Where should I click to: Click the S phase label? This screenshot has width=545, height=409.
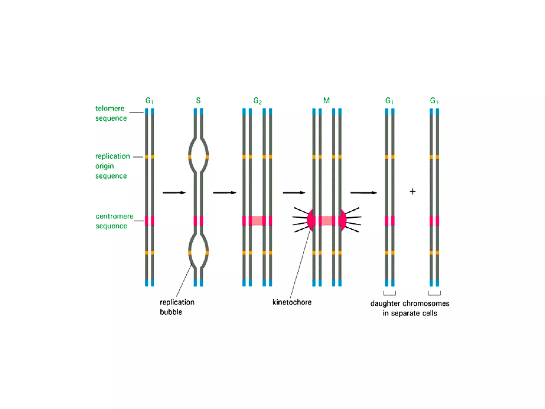pos(198,101)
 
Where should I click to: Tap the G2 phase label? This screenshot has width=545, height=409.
pos(257,101)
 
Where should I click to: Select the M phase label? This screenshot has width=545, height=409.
pos(327,101)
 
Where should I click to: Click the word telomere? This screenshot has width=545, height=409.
pos(110,109)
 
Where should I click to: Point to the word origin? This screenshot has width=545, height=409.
pos(105,166)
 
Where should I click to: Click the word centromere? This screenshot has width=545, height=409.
pos(114,216)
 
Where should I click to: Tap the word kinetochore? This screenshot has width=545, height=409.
pos(292,302)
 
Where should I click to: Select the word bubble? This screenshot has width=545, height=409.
pos(171,312)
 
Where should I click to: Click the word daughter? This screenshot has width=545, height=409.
pos(385,304)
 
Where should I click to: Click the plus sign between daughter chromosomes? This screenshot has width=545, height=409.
pos(412,191)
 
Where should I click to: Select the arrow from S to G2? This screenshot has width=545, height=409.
pos(225,193)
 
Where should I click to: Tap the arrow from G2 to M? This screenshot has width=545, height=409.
pos(294,193)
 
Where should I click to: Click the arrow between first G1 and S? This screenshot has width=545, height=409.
pos(174,193)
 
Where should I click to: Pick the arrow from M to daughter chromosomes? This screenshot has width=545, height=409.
pos(364,193)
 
